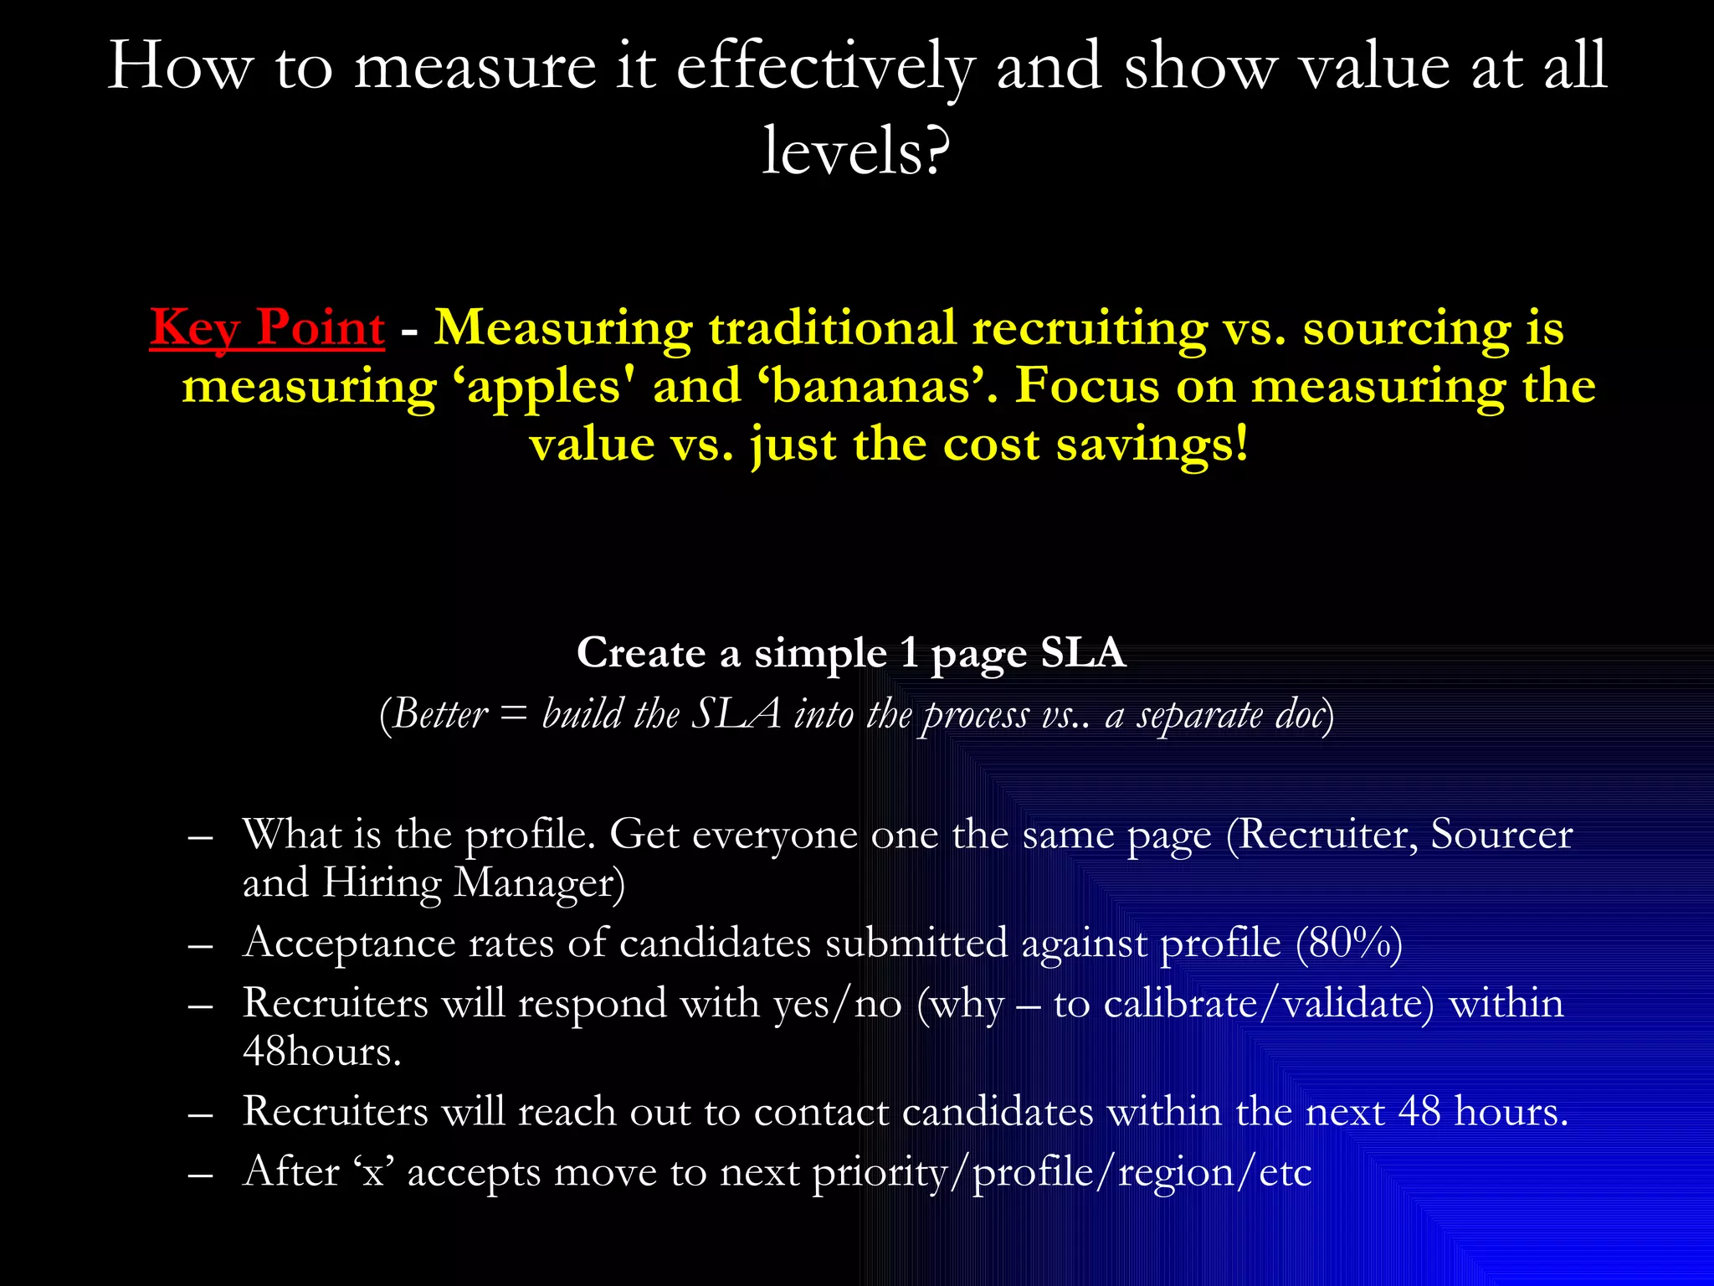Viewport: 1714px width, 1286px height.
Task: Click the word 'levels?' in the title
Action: click(855, 151)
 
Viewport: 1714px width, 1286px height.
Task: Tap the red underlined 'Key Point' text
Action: click(267, 327)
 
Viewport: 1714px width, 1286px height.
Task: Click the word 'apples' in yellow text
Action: click(545, 388)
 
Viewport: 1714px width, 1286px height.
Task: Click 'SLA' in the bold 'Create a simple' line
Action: click(1083, 652)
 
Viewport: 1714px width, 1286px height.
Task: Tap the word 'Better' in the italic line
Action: click(439, 714)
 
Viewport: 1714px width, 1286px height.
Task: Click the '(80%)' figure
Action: click(1348, 944)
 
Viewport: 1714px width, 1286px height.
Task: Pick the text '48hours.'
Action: click(322, 1052)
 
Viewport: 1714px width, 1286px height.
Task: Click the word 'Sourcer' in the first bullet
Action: click(1501, 835)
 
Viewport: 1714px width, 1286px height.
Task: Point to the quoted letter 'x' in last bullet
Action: click(373, 1172)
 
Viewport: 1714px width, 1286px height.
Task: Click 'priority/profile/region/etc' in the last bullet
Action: click(1061, 1172)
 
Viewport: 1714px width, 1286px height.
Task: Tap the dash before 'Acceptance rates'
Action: click(200, 946)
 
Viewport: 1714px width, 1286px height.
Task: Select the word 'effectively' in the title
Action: click(825, 67)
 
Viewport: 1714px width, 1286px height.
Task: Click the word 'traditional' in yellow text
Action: click(832, 327)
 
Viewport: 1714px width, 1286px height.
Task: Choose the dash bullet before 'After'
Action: click(200, 1175)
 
